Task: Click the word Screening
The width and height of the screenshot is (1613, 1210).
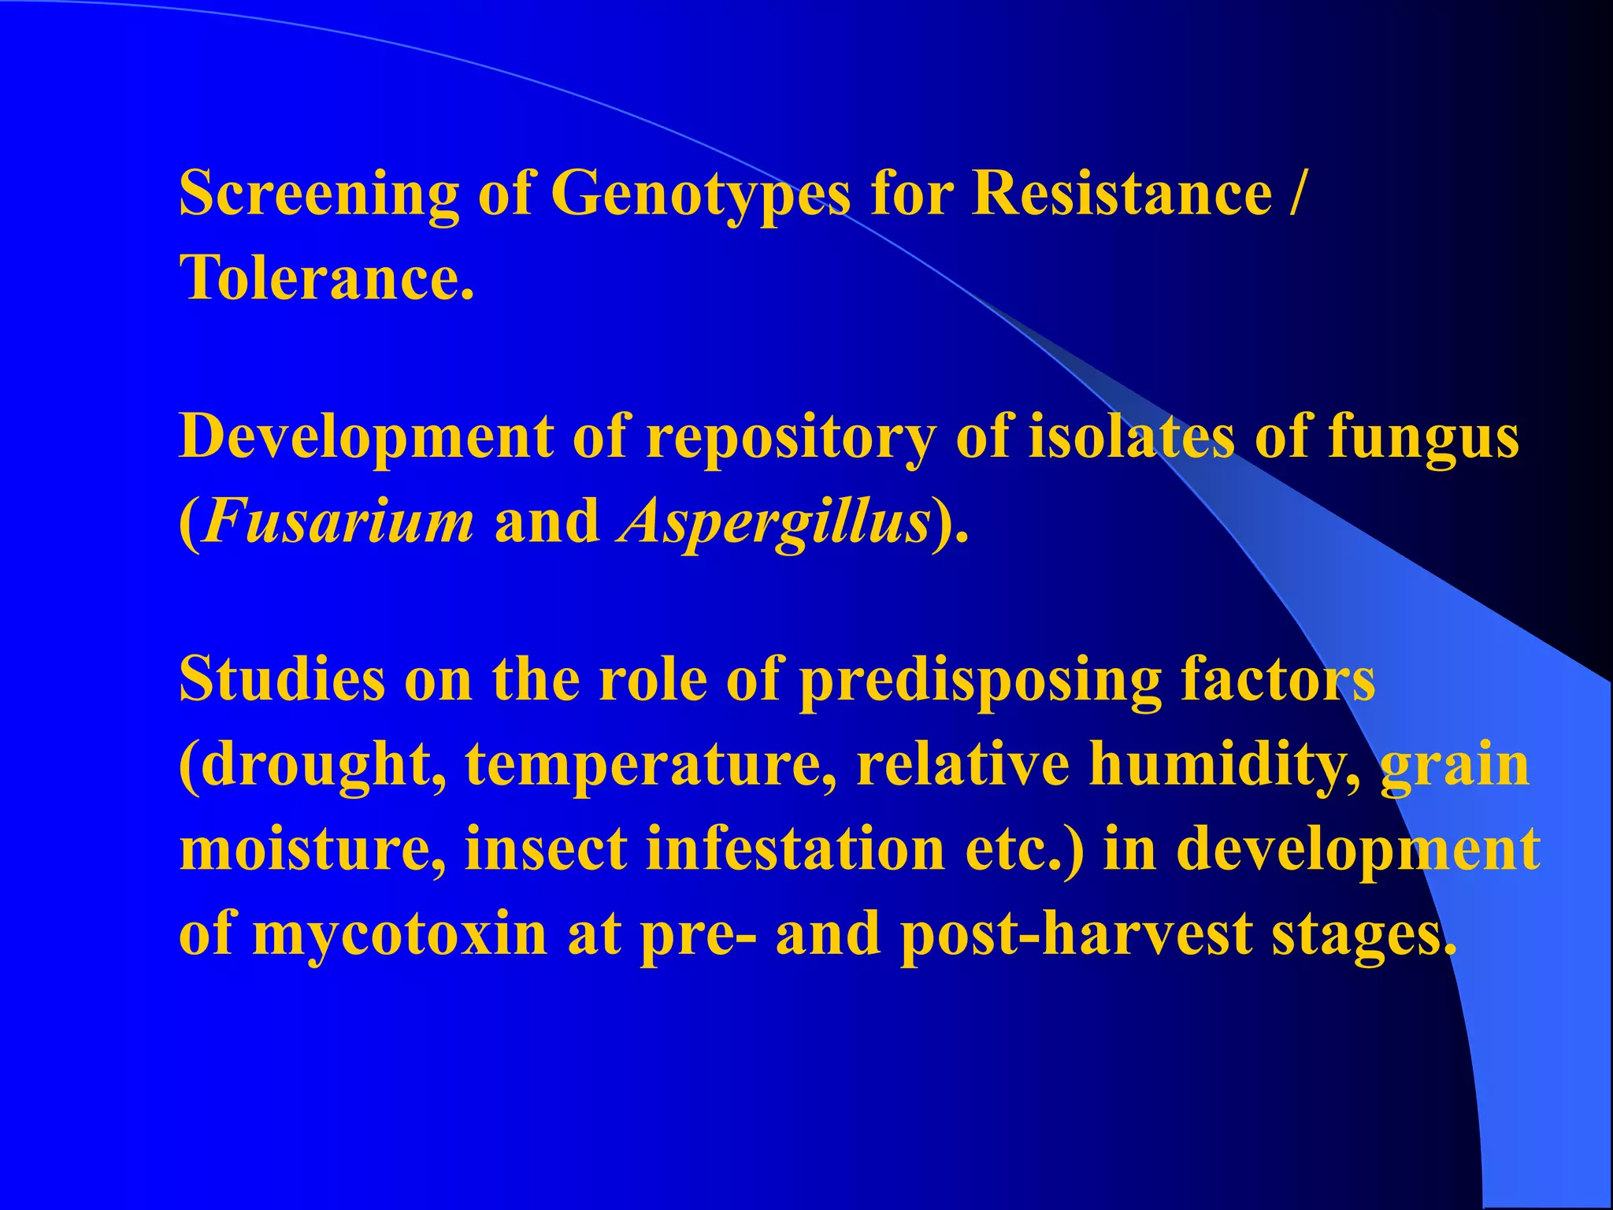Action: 319,194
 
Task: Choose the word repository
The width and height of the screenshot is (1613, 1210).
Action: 792,438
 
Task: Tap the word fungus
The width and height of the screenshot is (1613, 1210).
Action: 1423,438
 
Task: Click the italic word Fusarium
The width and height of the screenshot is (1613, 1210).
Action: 337,521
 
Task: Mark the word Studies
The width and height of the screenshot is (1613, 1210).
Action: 282,679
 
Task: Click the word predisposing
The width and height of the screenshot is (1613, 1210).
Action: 980,681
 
